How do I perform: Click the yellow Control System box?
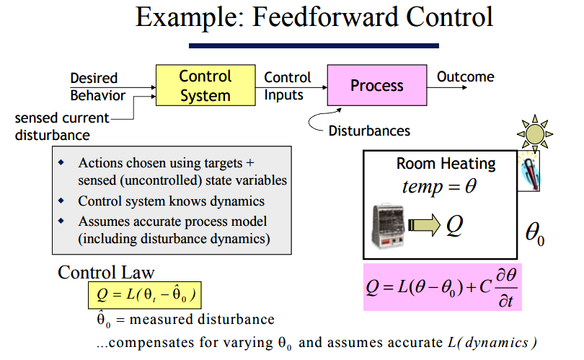(x=205, y=85)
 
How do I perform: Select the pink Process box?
(x=377, y=85)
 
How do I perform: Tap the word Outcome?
(x=466, y=76)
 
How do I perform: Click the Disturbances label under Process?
(x=369, y=131)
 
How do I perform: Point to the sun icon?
(x=535, y=133)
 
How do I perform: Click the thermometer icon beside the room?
(x=529, y=172)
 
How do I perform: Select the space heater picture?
(x=389, y=226)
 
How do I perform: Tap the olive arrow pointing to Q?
(x=424, y=225)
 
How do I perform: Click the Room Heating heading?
(x=446, y=164)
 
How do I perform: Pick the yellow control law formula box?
(x=145, y=295)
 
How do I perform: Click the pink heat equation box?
(x=443, y=287)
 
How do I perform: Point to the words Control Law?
(x=106, y=273)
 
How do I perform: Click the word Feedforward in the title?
(x=324, y=17)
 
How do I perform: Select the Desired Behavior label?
(x=97, y=87)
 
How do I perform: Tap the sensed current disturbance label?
(x=62, y=126)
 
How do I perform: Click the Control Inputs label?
(x=287, y=86)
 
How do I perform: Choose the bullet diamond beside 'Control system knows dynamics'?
(x=61, y=201)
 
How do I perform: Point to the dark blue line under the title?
(x=314, y=46)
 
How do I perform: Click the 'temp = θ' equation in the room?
(x=440, y=186)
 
